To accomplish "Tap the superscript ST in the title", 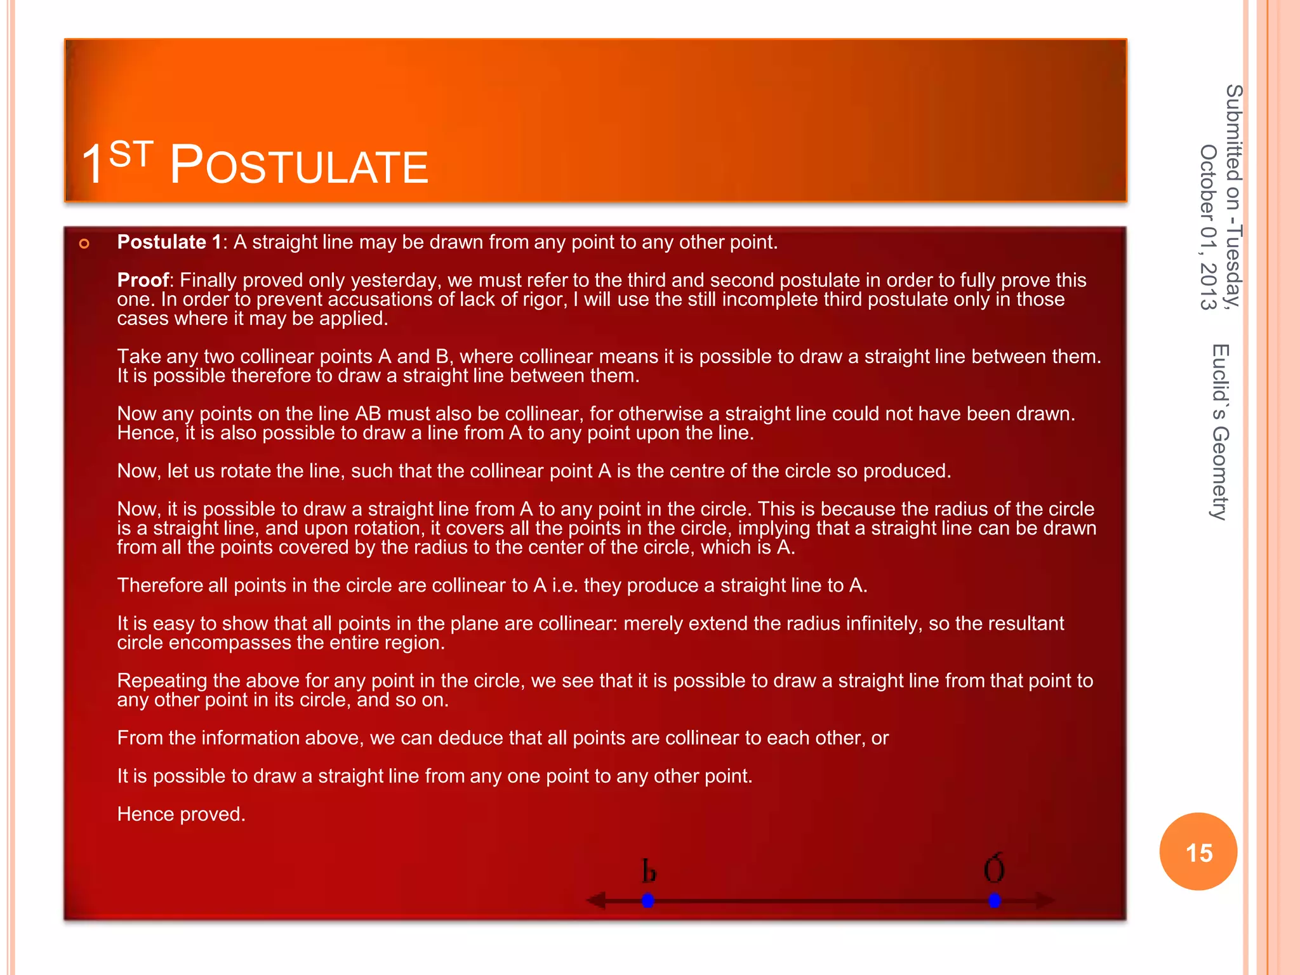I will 131,154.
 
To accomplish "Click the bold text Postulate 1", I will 169,242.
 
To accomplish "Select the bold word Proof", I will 143,280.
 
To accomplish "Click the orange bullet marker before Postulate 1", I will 84,244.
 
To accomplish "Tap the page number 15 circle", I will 1198,852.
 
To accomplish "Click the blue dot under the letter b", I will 647,900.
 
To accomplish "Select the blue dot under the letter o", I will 995,900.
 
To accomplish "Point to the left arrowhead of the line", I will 595,900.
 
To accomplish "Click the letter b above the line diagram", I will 648,872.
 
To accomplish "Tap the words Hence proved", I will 181,814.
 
